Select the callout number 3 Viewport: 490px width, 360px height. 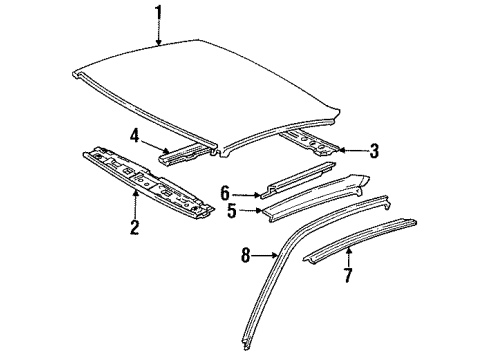[372, 151]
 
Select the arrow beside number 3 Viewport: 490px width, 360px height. [350, 151]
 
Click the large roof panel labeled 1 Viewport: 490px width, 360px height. [230, 85]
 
